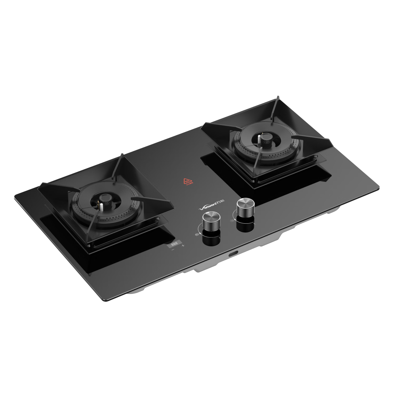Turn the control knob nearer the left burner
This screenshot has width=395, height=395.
point(209,218)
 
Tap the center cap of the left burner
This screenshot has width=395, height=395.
point(104,197)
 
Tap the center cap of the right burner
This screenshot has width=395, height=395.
point(266,138)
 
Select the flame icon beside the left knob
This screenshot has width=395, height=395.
point(196,234)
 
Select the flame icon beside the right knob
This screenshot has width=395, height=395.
point(232,221)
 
